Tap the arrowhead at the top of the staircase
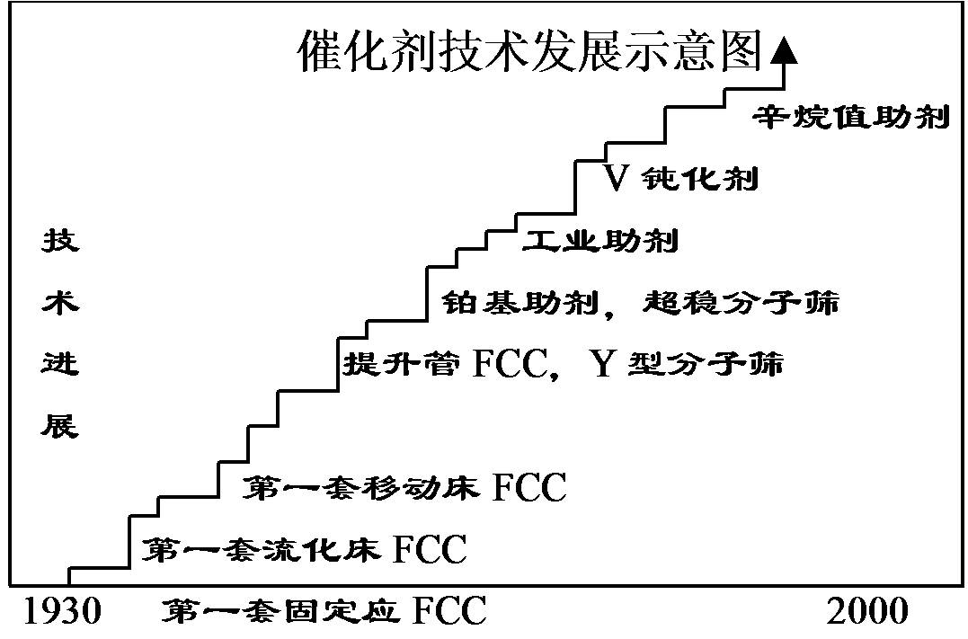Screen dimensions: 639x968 785,50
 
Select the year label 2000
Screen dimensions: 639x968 867,612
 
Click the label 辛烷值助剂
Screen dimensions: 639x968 850,118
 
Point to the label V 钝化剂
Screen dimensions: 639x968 680,179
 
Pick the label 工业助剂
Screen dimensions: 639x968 600,241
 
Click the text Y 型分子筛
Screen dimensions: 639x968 688,365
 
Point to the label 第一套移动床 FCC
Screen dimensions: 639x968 405,488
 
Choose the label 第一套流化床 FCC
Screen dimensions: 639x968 306,548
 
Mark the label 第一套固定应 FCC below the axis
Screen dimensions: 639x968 324,612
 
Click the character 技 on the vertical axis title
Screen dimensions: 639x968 60,243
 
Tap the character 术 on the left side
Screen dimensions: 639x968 60,304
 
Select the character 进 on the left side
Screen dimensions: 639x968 60,365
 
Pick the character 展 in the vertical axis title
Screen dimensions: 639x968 60,426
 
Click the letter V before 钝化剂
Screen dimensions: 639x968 615,179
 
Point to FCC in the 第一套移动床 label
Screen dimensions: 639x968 529,488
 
